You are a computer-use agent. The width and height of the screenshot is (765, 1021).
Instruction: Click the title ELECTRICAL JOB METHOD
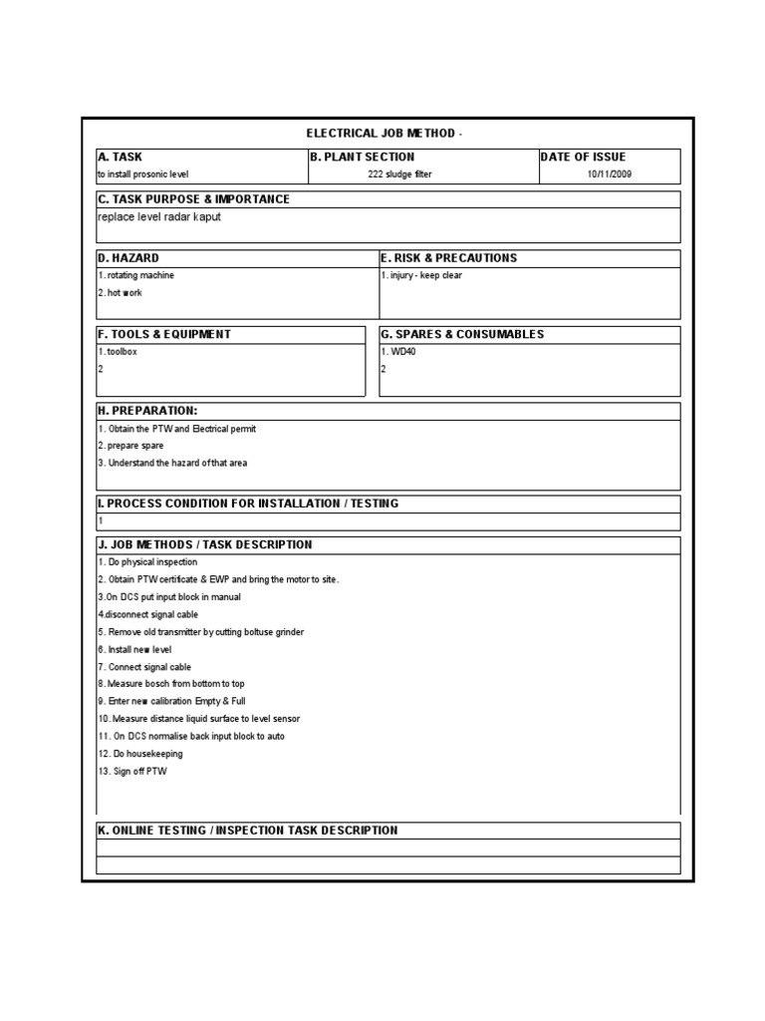[383, 134]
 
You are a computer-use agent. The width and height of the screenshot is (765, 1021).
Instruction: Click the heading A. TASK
[120, 157]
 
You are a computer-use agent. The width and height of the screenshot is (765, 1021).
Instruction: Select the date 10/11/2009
[609, 174]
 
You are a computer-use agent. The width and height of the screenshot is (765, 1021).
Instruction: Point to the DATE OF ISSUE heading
[583, 157]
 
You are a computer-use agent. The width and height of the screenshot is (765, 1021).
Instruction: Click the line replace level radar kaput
[159, 216]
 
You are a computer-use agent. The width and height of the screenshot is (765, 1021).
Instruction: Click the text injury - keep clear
[421, 275]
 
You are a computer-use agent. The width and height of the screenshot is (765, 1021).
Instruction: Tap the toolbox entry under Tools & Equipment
[119, 352]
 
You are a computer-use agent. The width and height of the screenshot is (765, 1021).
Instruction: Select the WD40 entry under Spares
[398, 352]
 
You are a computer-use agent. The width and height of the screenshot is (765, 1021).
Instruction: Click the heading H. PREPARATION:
[146, 411]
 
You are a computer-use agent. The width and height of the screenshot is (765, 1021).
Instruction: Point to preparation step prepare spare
[130, 446]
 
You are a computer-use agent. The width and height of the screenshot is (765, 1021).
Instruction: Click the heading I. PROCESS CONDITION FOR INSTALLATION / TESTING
[247, 504]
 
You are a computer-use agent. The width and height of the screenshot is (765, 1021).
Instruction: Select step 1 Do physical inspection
[147, 562]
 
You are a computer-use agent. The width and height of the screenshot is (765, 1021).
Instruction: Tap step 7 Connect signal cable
[144, 667]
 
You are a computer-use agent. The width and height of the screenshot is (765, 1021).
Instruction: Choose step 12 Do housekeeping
[140, 754]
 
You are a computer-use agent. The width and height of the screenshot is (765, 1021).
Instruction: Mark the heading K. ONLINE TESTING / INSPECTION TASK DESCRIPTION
[247, 831]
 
